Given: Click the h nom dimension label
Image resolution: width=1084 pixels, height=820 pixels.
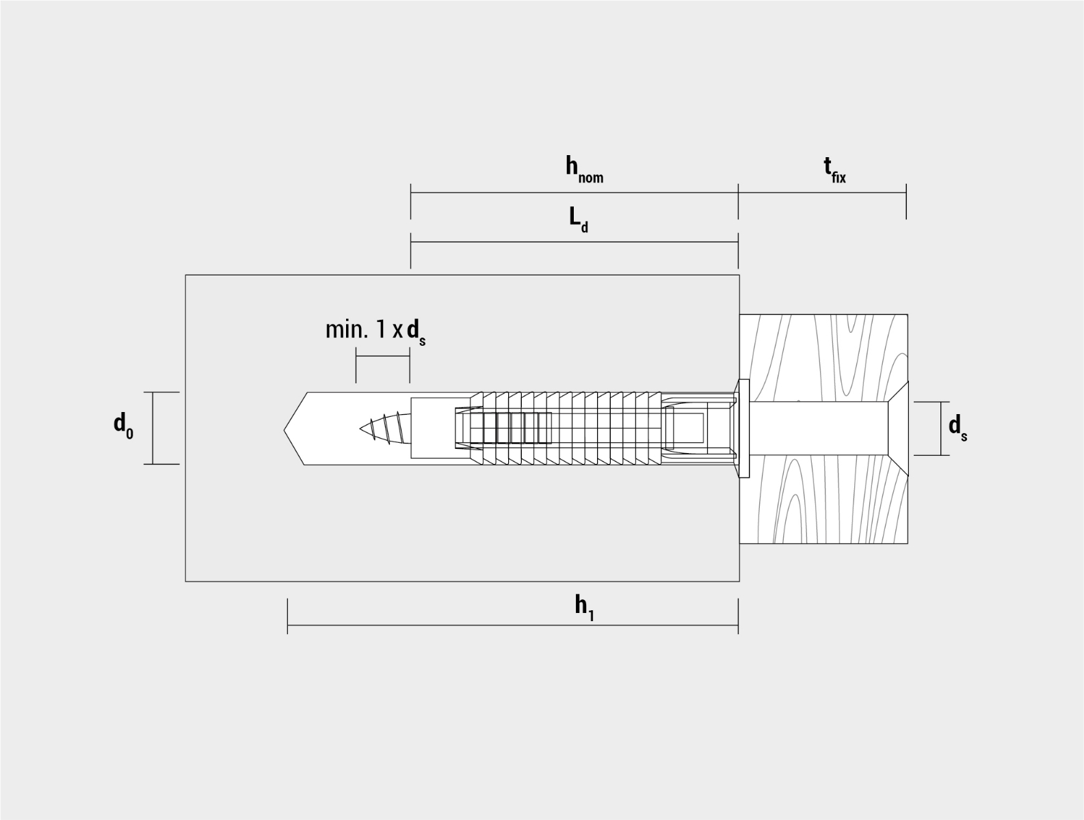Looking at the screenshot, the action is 584,169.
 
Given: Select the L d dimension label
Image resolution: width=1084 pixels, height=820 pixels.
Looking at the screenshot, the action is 579,219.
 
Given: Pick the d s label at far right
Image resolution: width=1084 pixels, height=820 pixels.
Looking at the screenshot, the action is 958,428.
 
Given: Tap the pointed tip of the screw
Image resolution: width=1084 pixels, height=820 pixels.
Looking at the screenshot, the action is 360,428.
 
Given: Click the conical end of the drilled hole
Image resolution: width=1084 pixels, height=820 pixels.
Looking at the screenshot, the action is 295,429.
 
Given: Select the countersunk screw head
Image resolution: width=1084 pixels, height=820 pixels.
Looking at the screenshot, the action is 898,428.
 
